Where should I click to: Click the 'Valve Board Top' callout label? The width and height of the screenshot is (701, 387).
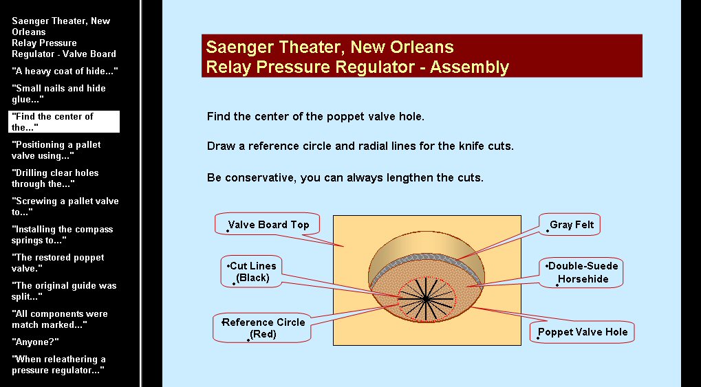coord(268,224)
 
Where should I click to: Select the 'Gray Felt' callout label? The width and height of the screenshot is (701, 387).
coord(570,224)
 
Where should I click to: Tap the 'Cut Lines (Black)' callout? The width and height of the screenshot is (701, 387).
coord(252,272)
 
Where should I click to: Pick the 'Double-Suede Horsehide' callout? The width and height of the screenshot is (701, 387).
coord(581,272)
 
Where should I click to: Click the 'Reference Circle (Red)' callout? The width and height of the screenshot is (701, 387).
coord(262,328)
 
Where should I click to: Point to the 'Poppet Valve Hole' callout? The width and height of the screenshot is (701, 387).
coord(582,332)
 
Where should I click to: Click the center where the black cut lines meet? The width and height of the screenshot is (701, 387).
coord(426,298)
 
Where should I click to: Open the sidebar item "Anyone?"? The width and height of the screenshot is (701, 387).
coord(35,342)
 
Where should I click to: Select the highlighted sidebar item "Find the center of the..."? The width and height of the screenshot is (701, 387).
coord(64,122)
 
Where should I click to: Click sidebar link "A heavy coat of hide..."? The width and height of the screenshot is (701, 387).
coord(65,71)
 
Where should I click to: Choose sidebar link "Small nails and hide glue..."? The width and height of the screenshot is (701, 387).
coord(58,93)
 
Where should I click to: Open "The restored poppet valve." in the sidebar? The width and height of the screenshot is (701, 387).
coord(58,263)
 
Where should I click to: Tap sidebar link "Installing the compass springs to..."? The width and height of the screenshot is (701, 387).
coord(62,234)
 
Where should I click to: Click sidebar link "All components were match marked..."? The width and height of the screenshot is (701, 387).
coord(59,319)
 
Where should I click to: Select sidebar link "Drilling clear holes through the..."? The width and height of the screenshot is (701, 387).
coord(55,178)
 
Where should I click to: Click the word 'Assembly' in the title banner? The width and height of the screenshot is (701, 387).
coord(469,67)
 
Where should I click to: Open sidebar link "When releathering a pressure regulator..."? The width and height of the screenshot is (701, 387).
coord(58,364)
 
